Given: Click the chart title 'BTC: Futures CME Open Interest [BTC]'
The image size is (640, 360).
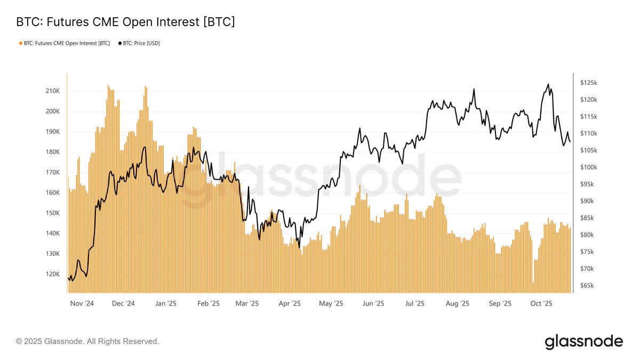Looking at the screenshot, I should [x=125, y=22].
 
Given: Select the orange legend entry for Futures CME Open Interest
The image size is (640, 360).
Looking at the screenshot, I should [x=64, y=43].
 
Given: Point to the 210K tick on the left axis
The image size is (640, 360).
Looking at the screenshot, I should [x=53, y=91].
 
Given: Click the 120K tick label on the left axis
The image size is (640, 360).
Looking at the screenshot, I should [x=53, y=274].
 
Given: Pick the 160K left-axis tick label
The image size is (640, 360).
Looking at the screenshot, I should [x=53, y=193].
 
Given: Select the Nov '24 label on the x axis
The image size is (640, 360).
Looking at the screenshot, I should [x=82, y=303].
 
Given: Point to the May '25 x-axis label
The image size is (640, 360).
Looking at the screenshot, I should [x=331, y=303].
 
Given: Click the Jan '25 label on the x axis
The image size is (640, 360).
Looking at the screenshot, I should [x=166, y=303].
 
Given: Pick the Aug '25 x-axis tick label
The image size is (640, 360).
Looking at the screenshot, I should [x=457, y=303].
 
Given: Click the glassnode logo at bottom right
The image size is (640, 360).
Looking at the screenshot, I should [x=583, y=341].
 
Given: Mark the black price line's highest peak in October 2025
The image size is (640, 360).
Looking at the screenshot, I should [x=548, y=84].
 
